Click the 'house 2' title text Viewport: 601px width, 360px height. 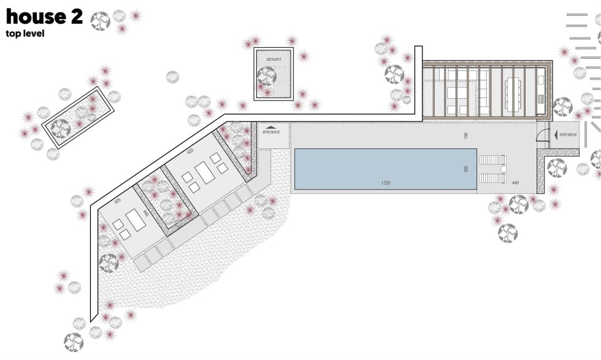44,17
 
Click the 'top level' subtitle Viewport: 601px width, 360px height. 25,34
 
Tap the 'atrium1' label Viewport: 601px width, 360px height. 274,59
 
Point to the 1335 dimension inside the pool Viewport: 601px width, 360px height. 386,183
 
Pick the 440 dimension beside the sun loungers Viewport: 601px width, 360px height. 515,183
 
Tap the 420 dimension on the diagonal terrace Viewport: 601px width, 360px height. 191,151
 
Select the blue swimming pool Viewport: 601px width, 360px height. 380,169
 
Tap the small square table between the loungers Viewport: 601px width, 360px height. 503,169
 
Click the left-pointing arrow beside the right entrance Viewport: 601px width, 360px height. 556,134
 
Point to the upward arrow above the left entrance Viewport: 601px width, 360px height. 270,127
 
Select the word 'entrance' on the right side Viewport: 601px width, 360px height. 568,134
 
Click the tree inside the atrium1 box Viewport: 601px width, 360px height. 267,77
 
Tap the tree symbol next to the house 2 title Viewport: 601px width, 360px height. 100,21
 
